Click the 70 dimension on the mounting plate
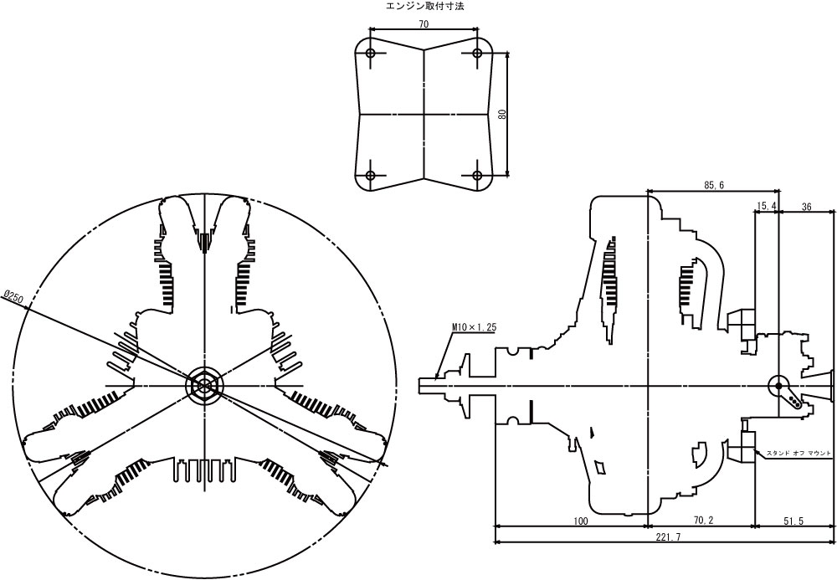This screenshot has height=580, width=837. coord(424,24)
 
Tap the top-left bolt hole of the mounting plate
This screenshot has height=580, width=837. coord(371,53)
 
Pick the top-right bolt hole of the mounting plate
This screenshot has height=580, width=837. coord(478,53)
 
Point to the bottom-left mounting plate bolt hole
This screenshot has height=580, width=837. coord(371,176)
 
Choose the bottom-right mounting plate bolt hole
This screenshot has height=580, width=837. coord(478,176)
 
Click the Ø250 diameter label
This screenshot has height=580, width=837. coord(14,298)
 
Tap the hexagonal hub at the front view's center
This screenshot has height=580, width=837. coord(204,384)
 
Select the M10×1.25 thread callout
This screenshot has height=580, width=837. coord(474,327)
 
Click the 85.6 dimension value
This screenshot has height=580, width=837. coord(714,185)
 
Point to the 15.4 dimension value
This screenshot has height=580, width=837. coord(767,205)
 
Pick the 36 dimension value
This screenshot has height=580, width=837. coord(807,205)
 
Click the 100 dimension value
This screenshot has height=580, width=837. coord(581,521)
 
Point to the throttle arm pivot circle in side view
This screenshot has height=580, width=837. coord(777,384)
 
